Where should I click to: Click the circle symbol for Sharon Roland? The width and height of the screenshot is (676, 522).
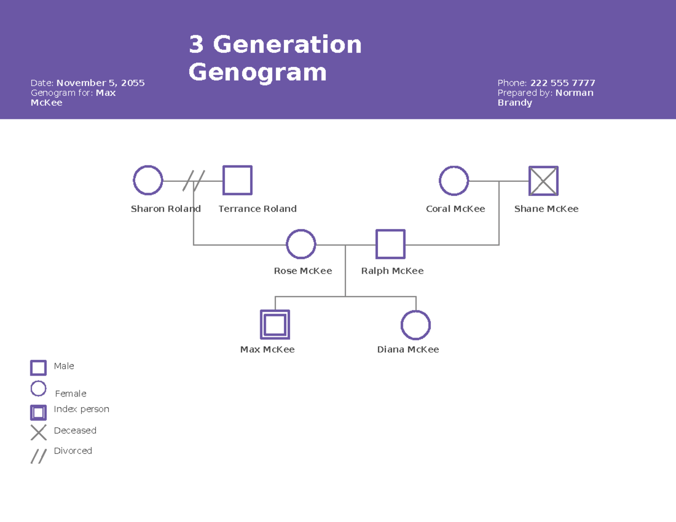click(x=148, y=180)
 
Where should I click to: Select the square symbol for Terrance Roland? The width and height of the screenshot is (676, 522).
click(x=237, y=180)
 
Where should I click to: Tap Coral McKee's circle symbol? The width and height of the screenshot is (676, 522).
click(x=453, y=181)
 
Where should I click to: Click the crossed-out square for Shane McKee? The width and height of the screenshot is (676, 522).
click(x=543, y=181)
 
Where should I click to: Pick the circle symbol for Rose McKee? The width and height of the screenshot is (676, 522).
click(x=301, y=244)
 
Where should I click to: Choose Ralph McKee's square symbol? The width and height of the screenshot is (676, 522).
click(x=390, y=244)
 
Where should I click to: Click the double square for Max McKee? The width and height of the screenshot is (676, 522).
click(x=275, y=325)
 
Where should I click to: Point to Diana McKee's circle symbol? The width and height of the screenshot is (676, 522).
click(x=416, y=325)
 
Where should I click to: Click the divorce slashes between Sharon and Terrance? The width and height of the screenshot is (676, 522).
click(x=193, y=181)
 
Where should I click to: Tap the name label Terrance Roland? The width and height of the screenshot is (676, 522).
click(x=257, y=209)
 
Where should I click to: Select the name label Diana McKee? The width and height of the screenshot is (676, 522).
click(x=408, y=350)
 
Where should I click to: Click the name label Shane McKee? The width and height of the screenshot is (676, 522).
click(x=546, y=209)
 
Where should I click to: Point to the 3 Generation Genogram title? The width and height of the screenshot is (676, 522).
click(x=275, y=58)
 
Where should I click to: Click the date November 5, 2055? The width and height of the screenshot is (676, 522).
click(x=100, y=83)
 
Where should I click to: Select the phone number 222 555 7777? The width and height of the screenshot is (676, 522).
click(x=562, y=83)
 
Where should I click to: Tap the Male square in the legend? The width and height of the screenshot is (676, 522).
click(x=38, y=368)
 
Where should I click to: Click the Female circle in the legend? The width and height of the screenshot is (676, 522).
click(x=38, y=389)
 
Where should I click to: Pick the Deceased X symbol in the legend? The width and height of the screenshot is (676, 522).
click(x=38, y=432)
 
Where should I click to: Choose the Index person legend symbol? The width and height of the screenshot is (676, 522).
click(x=38, y=413)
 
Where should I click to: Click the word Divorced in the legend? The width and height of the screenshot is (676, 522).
click(x=73, y=451)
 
